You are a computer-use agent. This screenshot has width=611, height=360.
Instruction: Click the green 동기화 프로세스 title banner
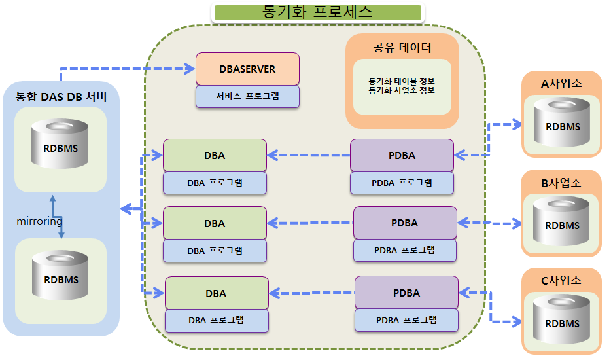pos(317,12)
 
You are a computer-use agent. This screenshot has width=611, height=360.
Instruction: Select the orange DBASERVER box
pos(247,69)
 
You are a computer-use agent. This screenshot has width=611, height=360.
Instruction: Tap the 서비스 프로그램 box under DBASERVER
pos(247,96)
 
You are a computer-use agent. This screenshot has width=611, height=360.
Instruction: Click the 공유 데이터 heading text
pos(402,48)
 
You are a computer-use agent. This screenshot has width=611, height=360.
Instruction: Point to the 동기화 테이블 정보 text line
pos(402,81)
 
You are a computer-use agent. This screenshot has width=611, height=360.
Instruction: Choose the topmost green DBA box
pos(215,155)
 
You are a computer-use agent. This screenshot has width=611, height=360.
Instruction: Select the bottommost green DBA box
pos(217,293)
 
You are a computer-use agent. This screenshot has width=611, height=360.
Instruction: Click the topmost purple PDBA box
pos(402,155)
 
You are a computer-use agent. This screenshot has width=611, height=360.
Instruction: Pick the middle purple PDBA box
pos(405,223)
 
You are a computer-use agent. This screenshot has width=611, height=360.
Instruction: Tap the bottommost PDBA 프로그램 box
pos(406,320)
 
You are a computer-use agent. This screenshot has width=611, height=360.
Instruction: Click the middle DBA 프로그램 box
pos(215,251)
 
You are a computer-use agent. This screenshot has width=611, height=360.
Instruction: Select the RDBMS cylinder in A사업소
pos(562,122)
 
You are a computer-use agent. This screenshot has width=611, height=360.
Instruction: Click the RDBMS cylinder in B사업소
pos(561,221)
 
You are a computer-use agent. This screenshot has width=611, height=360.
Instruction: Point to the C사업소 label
pos(561,280)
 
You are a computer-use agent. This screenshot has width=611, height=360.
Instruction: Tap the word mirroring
pos(39,221)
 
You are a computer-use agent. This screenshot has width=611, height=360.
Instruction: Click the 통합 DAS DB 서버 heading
pos(61,97)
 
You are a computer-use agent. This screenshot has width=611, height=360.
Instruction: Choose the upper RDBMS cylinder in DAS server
pos(60,144)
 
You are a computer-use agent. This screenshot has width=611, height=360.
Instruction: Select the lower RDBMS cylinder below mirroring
pos(60,276)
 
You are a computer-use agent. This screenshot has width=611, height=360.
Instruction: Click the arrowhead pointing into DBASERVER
pos(190,69)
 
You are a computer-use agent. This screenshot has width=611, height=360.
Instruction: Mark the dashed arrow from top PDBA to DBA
pos(309,155)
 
